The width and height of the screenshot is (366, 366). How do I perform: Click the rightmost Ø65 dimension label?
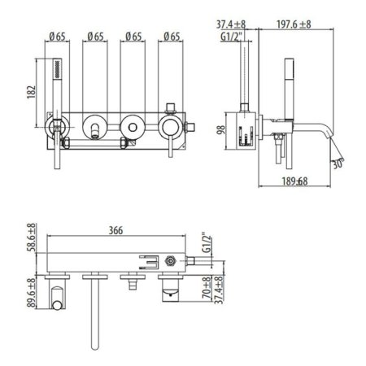[171, 36]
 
